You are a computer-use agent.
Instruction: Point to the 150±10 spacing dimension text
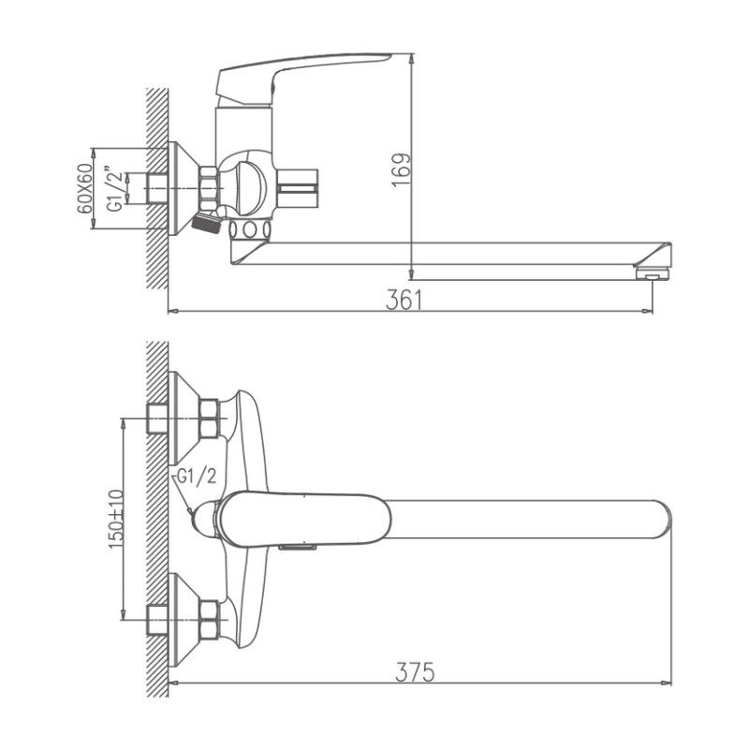116,518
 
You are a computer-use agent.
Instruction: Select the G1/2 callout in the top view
197,477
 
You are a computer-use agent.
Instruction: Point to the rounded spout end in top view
655,519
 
